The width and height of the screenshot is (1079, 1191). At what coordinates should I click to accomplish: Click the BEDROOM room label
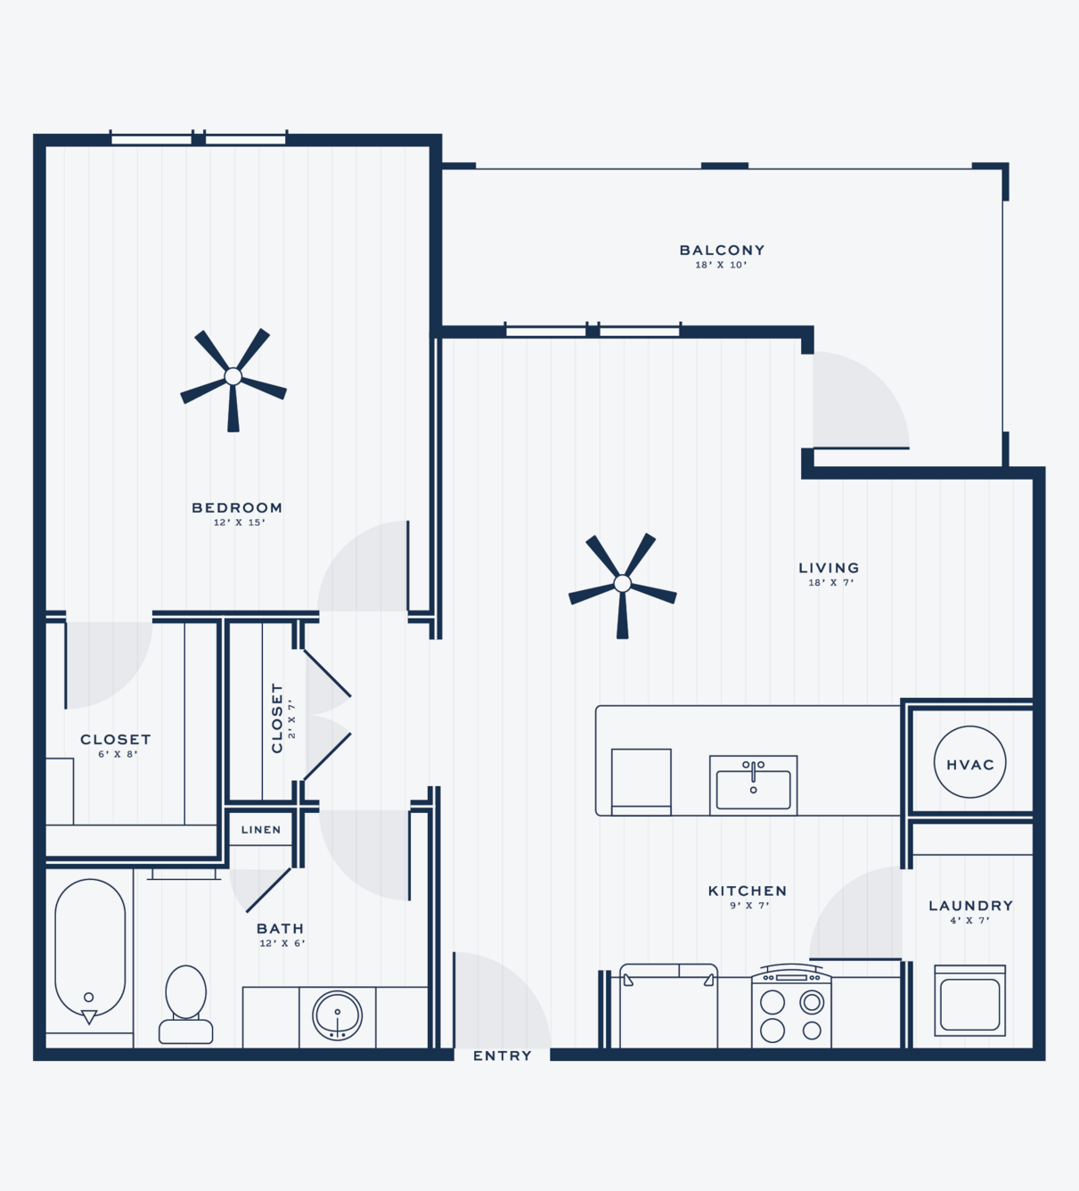click(237, 507)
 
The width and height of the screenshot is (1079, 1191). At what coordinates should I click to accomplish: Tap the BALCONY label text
click(722, 250)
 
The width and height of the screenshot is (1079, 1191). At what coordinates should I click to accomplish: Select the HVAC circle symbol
click(969, 761)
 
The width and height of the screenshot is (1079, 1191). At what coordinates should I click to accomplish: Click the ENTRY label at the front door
click(503, 1055)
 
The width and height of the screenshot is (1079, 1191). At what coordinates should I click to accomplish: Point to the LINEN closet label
click(261, 829)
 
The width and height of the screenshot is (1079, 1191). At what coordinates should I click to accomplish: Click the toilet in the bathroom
click(185, 1005)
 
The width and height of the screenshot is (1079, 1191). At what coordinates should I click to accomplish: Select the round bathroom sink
click(337, 1014)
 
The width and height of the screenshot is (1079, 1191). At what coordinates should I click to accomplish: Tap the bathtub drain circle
click(88, 997)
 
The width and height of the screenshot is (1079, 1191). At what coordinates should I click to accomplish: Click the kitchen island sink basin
click(753, 790)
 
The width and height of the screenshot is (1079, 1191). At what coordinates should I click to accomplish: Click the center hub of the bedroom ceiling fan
click(233, 376)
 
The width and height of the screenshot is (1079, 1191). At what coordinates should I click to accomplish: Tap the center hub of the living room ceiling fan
click(623, 584)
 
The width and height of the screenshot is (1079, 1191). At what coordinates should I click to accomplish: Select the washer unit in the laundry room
click(969, 1000)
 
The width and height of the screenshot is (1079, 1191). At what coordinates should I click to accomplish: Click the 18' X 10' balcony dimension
click(721, 265)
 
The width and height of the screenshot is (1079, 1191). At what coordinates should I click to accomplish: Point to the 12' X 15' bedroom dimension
click(239, 522)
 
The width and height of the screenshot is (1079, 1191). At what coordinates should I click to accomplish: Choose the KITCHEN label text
click(748, 891)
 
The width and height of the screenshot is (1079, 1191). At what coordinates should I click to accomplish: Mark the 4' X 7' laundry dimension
click(969, 920)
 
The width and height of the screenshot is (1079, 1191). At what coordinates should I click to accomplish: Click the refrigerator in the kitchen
click(668, 1006)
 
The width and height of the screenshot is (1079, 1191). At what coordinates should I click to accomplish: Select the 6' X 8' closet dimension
click(119, 754)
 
